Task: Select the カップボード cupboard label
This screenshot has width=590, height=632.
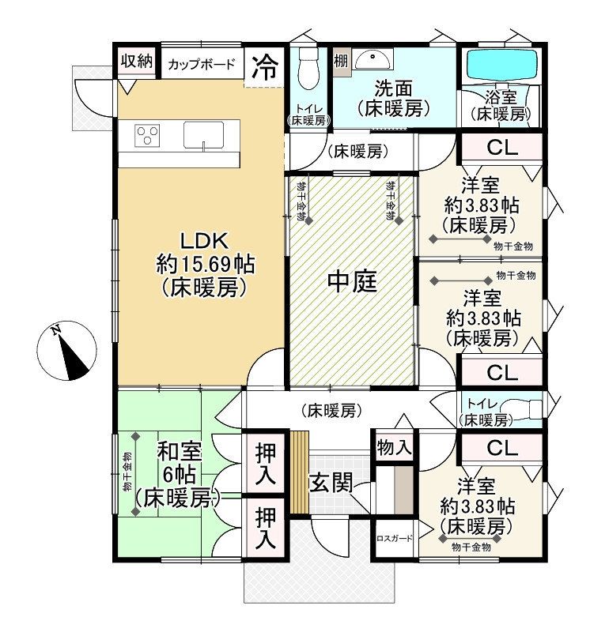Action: click(201, 65)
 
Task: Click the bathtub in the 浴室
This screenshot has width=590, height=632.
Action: click(500, 65)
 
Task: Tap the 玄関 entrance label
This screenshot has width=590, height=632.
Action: click(330, 481)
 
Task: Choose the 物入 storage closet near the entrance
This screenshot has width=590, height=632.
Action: click(393, 447)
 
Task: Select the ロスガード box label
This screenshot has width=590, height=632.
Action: click(395, 539)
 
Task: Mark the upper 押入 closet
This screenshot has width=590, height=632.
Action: click(265, 464)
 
